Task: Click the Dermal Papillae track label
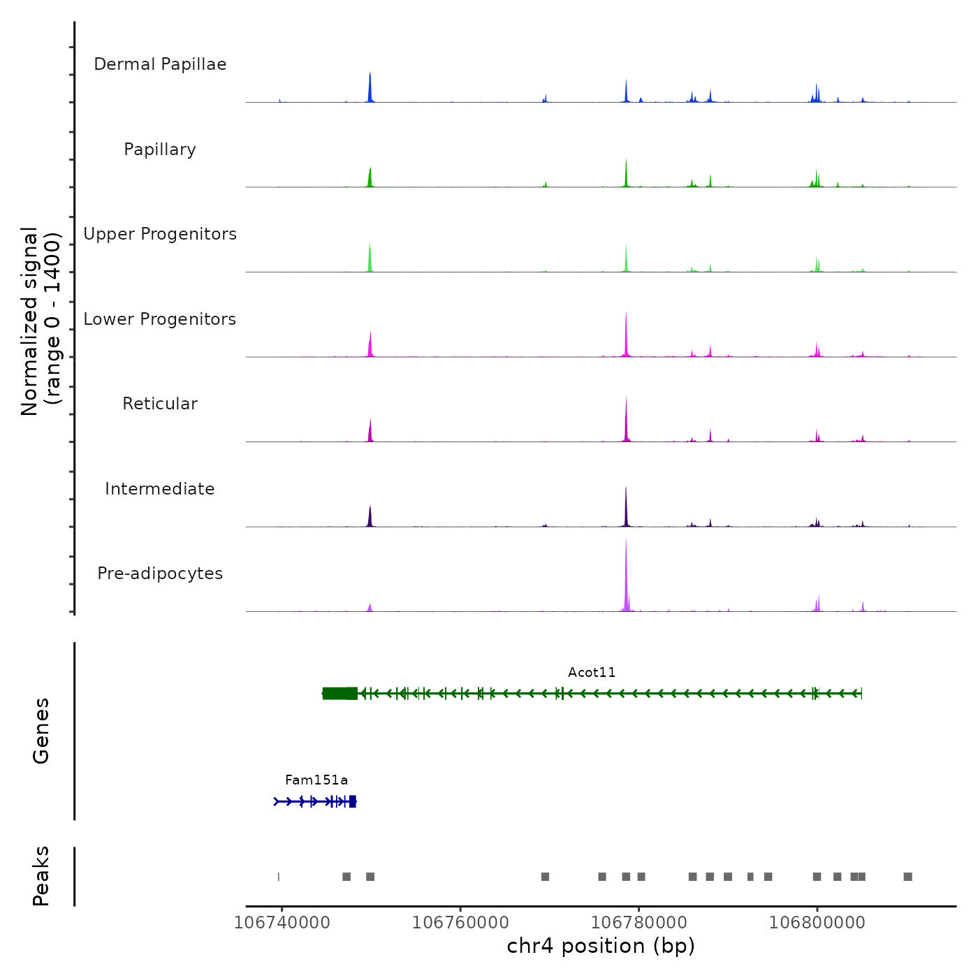[x=160, y=64]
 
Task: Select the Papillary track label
[x=160, y=149]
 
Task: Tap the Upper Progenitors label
[x=160, y=234]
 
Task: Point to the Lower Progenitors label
[x=160, y=319]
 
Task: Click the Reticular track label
[x=160, y=404]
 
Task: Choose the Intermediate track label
[x=160, y=489]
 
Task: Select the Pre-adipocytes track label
[x=160, y=574]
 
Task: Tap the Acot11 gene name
[x=592, y=673]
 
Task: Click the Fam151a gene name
[x=316, y=780]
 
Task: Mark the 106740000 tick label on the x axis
[x=282, y=923]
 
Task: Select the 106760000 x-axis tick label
[x=460, y=923]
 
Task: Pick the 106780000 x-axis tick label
[x=639, y=923]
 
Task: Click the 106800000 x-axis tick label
[x=817, y=923]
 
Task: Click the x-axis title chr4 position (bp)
[x=601, y=947]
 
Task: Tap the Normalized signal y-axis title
[x=41, y=321]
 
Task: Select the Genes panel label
[x=41, y=731]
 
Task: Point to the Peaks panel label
[x=41, y=876]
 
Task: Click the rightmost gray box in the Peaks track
[x=907, y=877]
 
